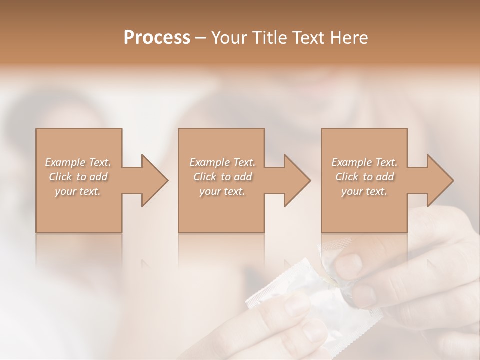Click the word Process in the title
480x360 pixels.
tap(157, 37)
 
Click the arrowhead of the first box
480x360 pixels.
tap(152, 180)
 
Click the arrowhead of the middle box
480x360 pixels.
tap(295, 180)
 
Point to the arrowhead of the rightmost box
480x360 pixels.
tap(438, 180)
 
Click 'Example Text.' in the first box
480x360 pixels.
tap(78, 162)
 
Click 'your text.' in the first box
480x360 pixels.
tap(78, 191)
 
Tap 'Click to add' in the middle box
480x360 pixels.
tap(222, 177)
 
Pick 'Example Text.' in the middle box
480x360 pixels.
tap(222, 162)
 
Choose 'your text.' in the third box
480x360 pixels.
tap(364, 191)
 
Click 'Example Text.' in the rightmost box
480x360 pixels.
tap(364, 162)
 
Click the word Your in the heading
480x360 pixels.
tap(229, 37)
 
